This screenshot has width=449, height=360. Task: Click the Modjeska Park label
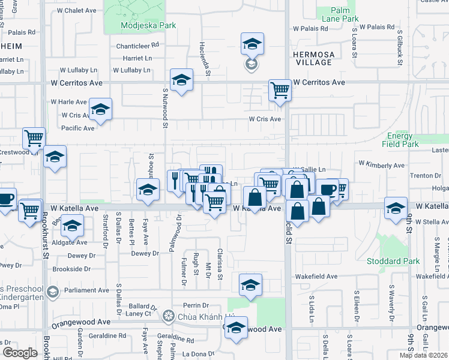click(x=148, y=26)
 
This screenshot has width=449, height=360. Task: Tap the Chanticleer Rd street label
click(x=138, y=45)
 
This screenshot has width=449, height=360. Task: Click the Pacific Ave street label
click(x=78, y=128)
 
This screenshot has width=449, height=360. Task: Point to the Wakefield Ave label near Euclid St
click(x=318, y=277)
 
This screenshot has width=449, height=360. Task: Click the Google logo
click(x=20, y=352)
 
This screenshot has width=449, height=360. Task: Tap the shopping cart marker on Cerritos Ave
click(x=280, y=91)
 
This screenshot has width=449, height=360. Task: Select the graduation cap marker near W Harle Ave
click(x=100, y=110)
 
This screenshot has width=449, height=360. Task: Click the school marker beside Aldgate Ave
click(x=73, y=226)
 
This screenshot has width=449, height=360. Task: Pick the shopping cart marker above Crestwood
click(x=34, y=138)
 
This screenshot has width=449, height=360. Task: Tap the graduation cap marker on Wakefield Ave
click(x=250, y=284)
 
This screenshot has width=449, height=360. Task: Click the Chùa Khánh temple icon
click(x=169, y=315)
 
